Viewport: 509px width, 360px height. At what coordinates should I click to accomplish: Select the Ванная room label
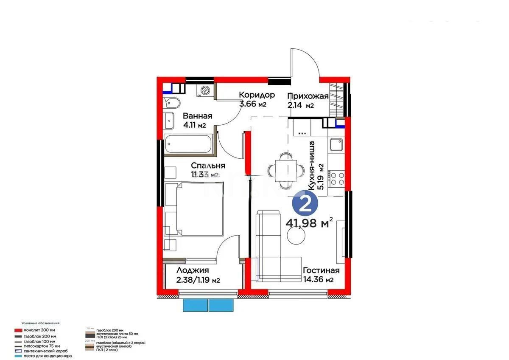pos(197,116)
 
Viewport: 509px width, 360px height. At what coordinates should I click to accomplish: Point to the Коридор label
pos(257,95)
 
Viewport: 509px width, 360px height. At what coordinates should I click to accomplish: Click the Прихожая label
pos(308,96)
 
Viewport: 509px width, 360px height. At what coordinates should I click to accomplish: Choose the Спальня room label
pos(208,166)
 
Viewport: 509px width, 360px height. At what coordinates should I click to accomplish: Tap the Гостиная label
pos(321,270)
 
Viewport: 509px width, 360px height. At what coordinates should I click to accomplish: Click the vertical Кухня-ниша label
pos(312,166)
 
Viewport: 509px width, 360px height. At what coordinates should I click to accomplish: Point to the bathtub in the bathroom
pos(188,146)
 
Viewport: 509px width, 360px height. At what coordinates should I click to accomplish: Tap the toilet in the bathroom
pos(172,103)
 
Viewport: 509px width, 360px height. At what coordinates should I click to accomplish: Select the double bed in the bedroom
pos(194,209)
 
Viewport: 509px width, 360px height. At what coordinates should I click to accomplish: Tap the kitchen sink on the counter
pos(337,145)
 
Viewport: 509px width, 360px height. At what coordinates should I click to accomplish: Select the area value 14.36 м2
pos(318,280)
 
